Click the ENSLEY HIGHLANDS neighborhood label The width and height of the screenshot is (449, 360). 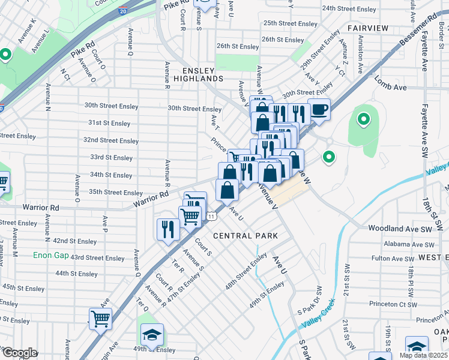pyautogui.click(x=203, y=74)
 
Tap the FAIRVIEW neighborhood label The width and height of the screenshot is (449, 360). pyautogui.click(x=368, y=28)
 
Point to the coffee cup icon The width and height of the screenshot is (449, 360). pyautogui.click(x=319, y=110)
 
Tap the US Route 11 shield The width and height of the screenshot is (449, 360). pyautogui.click(x=211, y=215)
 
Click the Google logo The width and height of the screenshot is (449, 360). pyautogui.click(x=19, y=353)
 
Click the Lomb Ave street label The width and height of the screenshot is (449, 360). pyautogui.click(x=390, y=87)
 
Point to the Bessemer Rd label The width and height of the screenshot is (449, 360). pyautogui.click(x=418, y=31)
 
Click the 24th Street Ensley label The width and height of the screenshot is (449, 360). pyautogui.click(x=349, y=9)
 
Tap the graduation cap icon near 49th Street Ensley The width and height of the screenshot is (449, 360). pyautogui.click(x=152, y=334)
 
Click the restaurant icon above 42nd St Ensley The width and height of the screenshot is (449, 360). pyautogui.click(x=167, y=229)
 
